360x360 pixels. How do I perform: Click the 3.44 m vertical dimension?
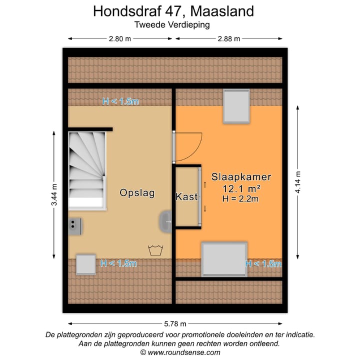54,194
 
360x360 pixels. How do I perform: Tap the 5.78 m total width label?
175,323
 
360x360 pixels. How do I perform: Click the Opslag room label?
136,193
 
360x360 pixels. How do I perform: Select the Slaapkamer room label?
241,177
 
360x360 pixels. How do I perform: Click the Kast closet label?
186,197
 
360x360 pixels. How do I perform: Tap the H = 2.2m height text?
240,198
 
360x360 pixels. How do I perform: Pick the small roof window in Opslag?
85,264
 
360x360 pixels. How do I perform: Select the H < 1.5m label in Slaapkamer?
263,264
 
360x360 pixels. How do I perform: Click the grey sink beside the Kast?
166,220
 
